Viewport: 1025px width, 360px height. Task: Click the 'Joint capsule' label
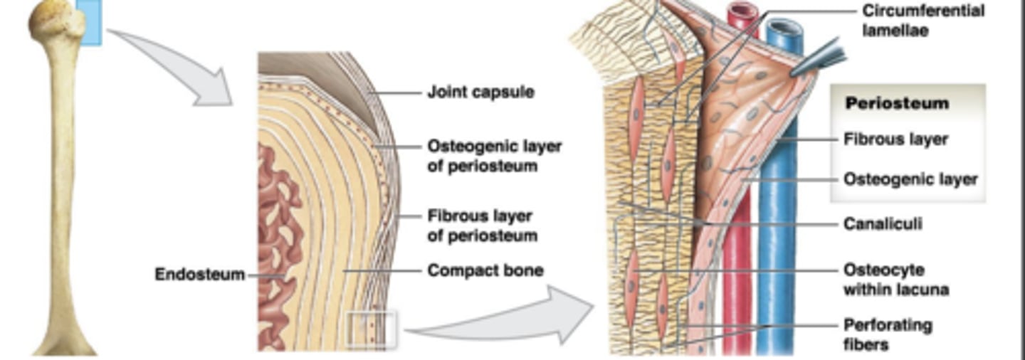(x=480, y=92)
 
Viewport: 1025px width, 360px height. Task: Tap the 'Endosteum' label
(x=199, y=274)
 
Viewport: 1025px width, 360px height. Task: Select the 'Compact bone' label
(x=485, y=270)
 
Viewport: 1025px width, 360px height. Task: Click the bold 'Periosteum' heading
(x=896, y=103)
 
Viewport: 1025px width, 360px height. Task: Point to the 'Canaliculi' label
(x=882, y=224)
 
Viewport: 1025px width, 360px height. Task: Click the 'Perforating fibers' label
(x=887, y=335)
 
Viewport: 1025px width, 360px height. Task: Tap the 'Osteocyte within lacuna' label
(x=895, y=280)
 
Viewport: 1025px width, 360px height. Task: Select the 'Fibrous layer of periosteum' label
(x=482, y=226)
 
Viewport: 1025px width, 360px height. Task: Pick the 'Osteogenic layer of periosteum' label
(x=494, y=156)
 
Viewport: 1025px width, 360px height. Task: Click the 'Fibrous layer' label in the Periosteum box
(x=895, y=139)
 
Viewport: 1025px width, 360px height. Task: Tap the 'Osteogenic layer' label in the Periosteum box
(x=910, y=179)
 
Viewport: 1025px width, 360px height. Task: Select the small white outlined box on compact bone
(x=370, y=329)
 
